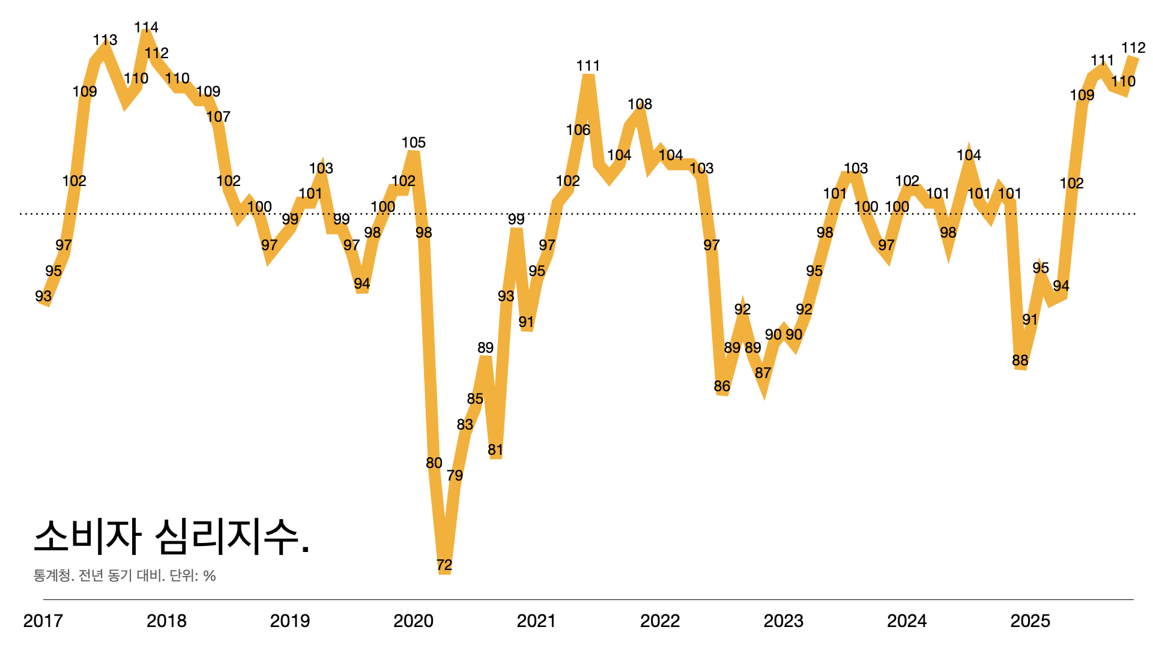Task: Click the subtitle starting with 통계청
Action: pos(124,576)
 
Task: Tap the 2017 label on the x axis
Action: pos(43,621)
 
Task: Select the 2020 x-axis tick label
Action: pos(413,621)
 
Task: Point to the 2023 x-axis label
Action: pos(783,621)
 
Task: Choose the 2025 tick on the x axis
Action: pos(1030,621)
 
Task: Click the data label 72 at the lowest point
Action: pos(444,565)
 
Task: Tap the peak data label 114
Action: pos(146,28)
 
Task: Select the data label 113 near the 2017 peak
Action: pos(105,40)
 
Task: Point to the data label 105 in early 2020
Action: pos(413,143)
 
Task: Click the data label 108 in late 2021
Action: pos(640,104)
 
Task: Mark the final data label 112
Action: pos(1133,48)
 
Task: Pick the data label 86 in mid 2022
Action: pos(722,386)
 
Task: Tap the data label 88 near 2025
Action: pos(1020,361)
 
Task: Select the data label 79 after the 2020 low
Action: pos(455,476)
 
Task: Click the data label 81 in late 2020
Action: pos(495,450)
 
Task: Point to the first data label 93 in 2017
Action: pos(43,296)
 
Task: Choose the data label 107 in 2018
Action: pos(218,117)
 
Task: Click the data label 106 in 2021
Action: pos(578,130)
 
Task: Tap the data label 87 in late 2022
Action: pos(763,373)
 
